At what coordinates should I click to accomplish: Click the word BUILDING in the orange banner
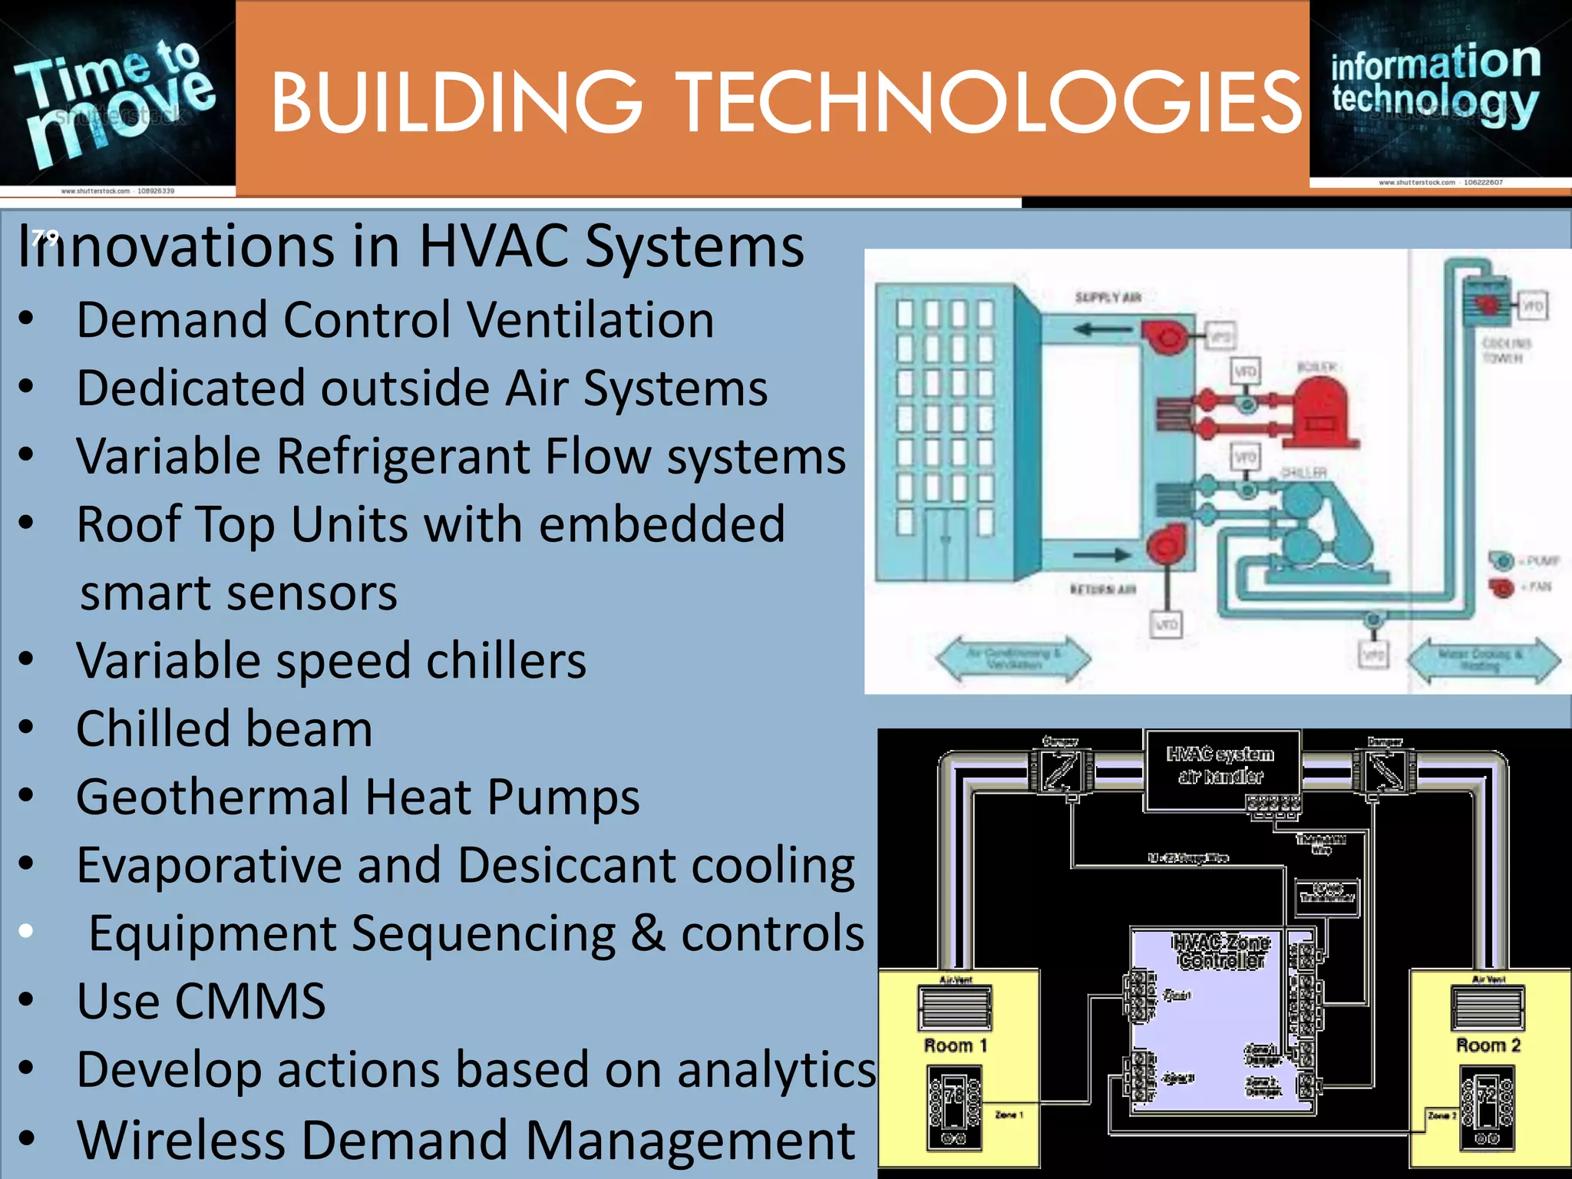coord(456,102)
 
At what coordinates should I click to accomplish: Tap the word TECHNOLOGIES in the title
coord(989,102)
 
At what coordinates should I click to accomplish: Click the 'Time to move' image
coord(117,96)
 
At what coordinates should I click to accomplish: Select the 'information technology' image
coord(1440,92)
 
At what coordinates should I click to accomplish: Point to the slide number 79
coord(45,236)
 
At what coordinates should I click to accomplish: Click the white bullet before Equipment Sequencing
coord(26,931)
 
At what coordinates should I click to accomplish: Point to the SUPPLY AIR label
coord(1108,297)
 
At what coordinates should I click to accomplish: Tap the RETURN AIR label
coord(1103,589)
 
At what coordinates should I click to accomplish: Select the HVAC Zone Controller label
coord(1221,951)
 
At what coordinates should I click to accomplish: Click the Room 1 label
coord(956,1045)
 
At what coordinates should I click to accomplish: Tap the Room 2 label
coord(1488,1045)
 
